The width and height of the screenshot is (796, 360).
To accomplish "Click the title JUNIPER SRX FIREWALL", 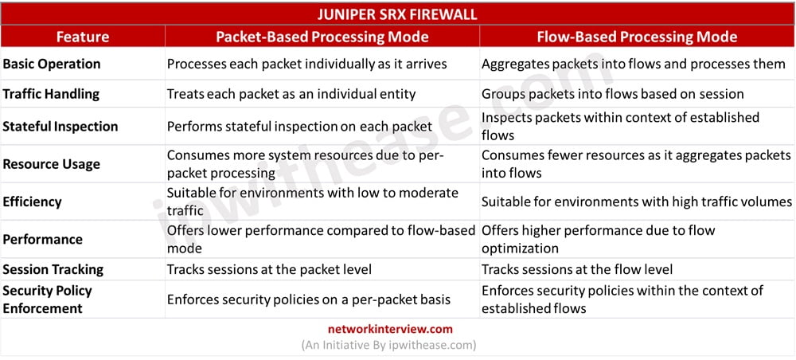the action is pos(397,14).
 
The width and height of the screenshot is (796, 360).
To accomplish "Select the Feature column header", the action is pos(83,37).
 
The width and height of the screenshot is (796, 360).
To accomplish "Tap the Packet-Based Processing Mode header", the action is pos(322,37).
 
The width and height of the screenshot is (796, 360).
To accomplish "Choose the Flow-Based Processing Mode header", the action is pos(637,37).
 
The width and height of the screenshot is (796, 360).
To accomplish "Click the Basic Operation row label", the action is pos(52,64).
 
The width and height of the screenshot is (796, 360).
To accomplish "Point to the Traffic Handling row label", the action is pos(51,94).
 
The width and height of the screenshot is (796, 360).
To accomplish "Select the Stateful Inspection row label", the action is pos(60,127).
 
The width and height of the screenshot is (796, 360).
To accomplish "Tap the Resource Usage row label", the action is pos(51,164).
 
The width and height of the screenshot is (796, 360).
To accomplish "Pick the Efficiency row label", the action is pos(32,202).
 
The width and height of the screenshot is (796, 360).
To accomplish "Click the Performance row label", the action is pos(43,239).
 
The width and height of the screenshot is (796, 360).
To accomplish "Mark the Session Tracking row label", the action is pos(53,269).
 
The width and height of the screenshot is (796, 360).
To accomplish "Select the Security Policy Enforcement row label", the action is pos(47,299).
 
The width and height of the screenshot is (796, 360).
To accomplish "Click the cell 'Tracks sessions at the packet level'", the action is pos(269,269).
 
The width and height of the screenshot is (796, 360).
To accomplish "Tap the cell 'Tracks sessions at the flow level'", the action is pos(577,269).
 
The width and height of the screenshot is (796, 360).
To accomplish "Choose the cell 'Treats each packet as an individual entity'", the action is pos(291,94).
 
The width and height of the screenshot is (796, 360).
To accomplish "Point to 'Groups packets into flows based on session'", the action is pos(613,94).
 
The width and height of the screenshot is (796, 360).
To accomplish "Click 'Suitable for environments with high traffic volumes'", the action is pos(637,202).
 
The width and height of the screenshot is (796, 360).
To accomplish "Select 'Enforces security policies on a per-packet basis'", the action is pos(309,299).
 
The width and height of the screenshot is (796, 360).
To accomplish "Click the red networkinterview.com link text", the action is pos(390,328).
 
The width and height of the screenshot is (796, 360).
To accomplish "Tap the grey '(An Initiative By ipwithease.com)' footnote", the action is pos(389,346).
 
